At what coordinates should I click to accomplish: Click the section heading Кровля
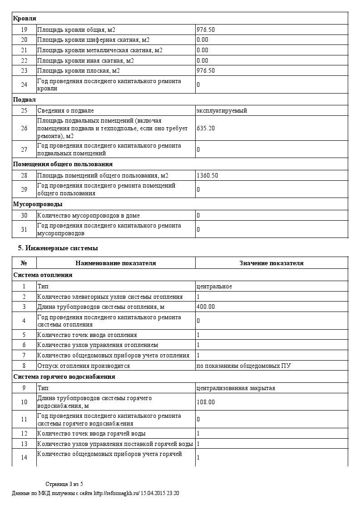(x=25, y=18)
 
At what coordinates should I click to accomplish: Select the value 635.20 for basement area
(x=206, y=128)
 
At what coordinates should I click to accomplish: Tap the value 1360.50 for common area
(x=207, y=175)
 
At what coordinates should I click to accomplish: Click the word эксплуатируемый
(x=222, y=110)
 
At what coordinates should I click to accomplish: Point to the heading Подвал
(x=25, y=99)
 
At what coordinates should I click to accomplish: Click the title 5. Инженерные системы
(x=58, y=248)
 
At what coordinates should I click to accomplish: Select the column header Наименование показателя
(x=116, y=263)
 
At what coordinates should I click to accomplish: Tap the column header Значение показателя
(x=271, y=263)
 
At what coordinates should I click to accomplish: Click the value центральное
(x=214, y=286)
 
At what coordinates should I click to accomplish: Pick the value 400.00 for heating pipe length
(x=206, y=307)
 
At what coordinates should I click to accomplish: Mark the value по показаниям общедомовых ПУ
(x=239, y=366)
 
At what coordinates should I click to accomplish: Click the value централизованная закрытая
(x=236, y=388)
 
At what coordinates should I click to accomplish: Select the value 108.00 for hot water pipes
(x=206, y=402)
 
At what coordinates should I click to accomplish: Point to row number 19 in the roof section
(x=24, y=30)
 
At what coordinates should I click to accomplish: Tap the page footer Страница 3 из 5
(x=64, y=484)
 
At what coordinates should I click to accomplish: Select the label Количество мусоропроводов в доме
(x=89, y=215)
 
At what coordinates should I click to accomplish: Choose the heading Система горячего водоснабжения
(x=64, y=376)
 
